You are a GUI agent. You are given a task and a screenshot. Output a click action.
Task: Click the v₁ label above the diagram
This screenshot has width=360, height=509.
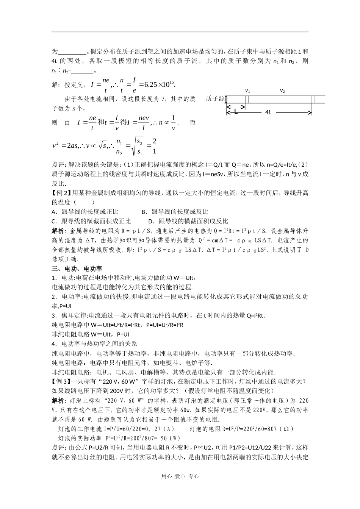[247, 91]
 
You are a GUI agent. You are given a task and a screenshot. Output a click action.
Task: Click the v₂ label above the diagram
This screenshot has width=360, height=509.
[282, 91]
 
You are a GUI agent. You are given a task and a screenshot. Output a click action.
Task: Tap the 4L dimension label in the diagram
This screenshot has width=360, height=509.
[268, 112]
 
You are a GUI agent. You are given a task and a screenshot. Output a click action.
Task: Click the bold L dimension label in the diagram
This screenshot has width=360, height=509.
[235, 112]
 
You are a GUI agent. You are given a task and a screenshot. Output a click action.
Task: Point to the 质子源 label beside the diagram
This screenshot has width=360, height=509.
[215, 99]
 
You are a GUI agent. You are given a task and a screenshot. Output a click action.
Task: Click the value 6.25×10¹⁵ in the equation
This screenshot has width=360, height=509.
[158, 84]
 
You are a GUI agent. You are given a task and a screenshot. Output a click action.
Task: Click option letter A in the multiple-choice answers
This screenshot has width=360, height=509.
[53, 212]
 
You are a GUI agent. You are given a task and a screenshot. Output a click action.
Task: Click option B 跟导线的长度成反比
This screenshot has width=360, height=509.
[175, 212]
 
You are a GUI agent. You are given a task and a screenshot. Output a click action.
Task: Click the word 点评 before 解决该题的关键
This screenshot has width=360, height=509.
[59, 165]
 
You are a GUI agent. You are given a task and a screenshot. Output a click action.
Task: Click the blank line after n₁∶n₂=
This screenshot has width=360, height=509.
[82, 71]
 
